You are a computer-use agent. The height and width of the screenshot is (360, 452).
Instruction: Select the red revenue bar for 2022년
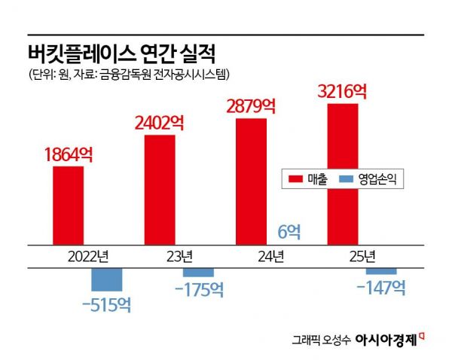tap(69, 206)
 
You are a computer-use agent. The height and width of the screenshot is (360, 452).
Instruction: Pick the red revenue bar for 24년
tap(252, 182)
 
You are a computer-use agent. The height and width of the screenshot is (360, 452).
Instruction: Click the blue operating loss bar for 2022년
tap(106, 279)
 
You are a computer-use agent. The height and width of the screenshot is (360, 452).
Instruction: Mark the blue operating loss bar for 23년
tap(198, 272)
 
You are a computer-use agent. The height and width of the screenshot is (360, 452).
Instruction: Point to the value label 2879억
tap(251, 105)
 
